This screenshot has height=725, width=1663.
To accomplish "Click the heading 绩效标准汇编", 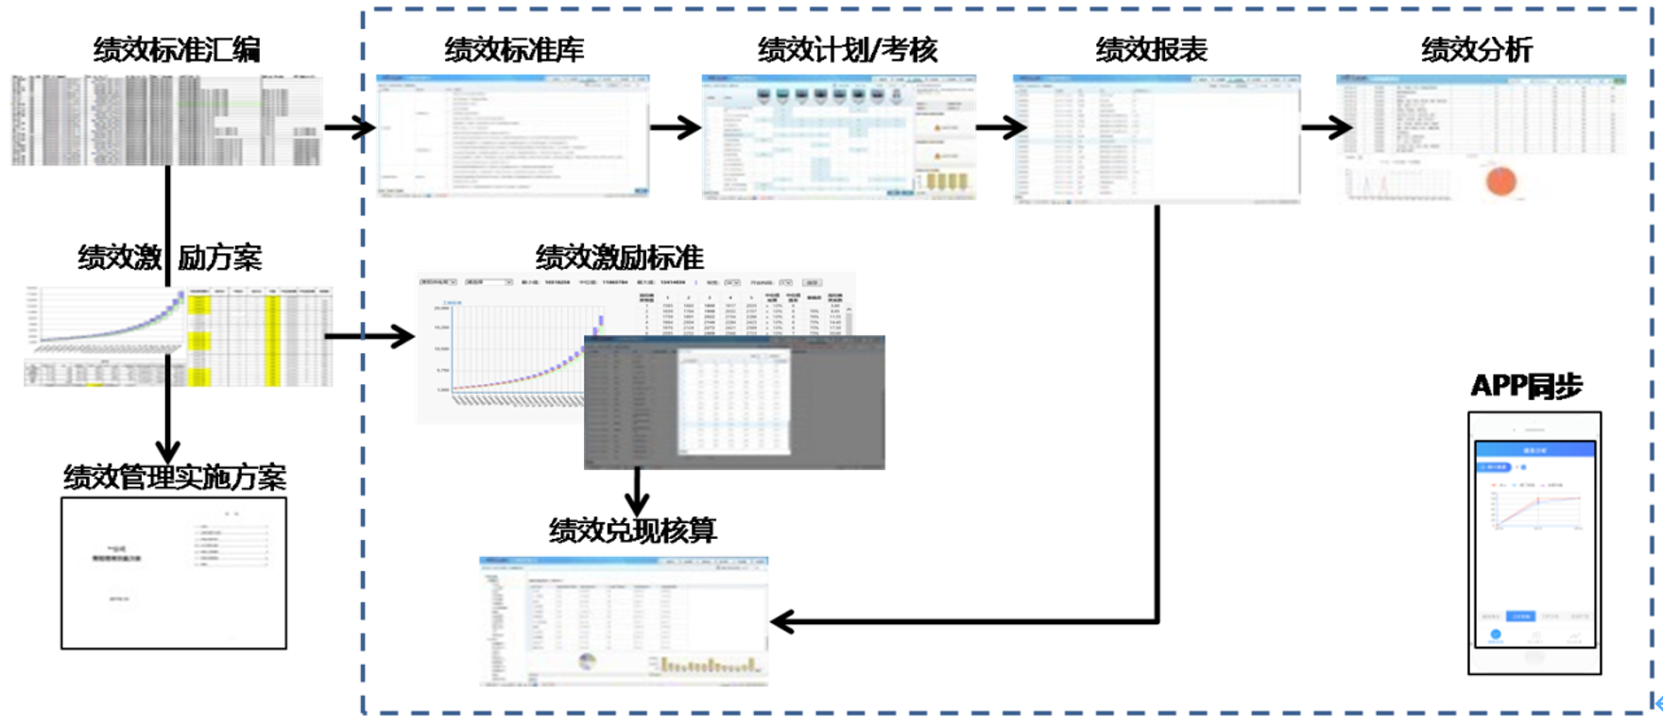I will pos(177,50).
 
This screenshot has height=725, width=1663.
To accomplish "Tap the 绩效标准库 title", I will pos(514,50).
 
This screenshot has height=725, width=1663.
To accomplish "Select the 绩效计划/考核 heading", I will pos(848,50).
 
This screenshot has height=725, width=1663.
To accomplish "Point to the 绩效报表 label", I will pos(1151,50).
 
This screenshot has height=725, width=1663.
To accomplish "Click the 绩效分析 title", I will pos(1477,50).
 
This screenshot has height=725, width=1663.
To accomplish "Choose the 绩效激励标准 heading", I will pos(619,258).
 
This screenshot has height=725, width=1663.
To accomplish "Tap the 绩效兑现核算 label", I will pos(632,531).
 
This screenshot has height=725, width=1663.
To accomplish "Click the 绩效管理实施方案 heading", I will pos(175,478).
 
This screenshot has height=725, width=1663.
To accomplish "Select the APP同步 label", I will pos(1526,386).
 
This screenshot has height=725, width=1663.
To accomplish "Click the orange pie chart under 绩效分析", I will pos(1500,180).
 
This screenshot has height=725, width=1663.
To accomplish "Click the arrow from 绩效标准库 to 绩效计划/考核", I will pos(676,126).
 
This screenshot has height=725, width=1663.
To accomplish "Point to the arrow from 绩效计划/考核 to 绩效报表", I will pos(1002,126).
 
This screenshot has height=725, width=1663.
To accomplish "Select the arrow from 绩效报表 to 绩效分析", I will pos(1328,126).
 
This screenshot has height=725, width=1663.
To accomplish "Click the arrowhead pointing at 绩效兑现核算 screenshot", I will pos(782,621).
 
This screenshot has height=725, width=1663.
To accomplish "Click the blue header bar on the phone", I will pos(1534,450).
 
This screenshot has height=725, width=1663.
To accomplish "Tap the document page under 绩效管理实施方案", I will pos(174,573).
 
